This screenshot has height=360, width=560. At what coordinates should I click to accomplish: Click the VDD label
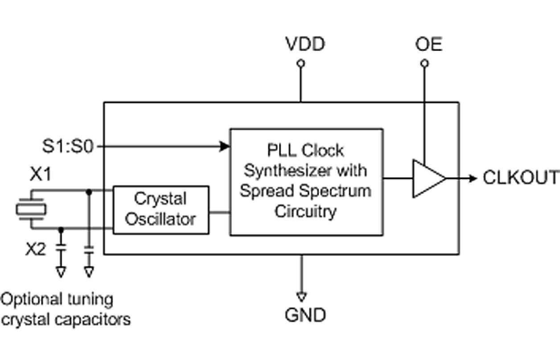305,45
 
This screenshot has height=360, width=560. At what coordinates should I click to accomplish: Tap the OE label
428,45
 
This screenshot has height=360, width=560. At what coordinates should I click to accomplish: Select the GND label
305,315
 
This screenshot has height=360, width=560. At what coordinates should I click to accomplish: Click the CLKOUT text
521,178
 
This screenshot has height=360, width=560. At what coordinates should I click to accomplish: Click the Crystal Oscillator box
161,209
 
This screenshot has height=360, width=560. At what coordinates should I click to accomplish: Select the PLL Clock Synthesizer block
306,181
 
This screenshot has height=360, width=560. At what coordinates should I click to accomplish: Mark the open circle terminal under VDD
301,64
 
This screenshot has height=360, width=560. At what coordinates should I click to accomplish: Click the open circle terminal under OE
425,64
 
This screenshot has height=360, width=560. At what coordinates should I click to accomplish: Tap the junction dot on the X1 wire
89,192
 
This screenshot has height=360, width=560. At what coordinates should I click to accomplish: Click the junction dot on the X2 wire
61,229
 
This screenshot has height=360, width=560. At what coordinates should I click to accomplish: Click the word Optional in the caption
30,299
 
